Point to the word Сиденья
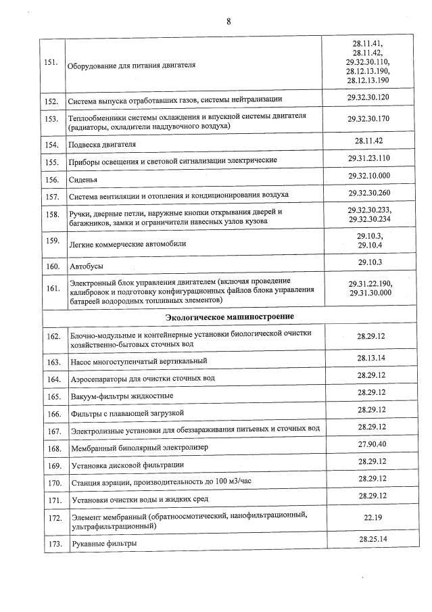[84, 181]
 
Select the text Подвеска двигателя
[103, 145]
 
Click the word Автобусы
[87, 267]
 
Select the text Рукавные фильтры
[103, 543]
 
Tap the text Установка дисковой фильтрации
[127, 465]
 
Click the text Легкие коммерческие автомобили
[128, 243]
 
